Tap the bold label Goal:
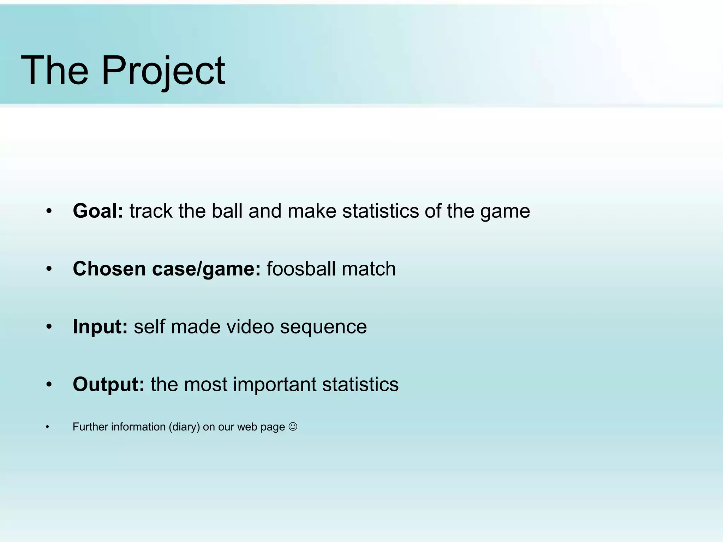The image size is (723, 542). (x=98, y=211)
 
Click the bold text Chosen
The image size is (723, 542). (x=109, y=269)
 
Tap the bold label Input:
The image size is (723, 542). (x=100, y=327)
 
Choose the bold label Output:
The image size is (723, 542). (x=108, y=385)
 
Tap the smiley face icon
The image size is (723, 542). (x=293, y=427)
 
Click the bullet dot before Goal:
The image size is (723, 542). (x=49, y=211)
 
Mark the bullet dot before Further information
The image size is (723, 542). (x=47, y=427)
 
